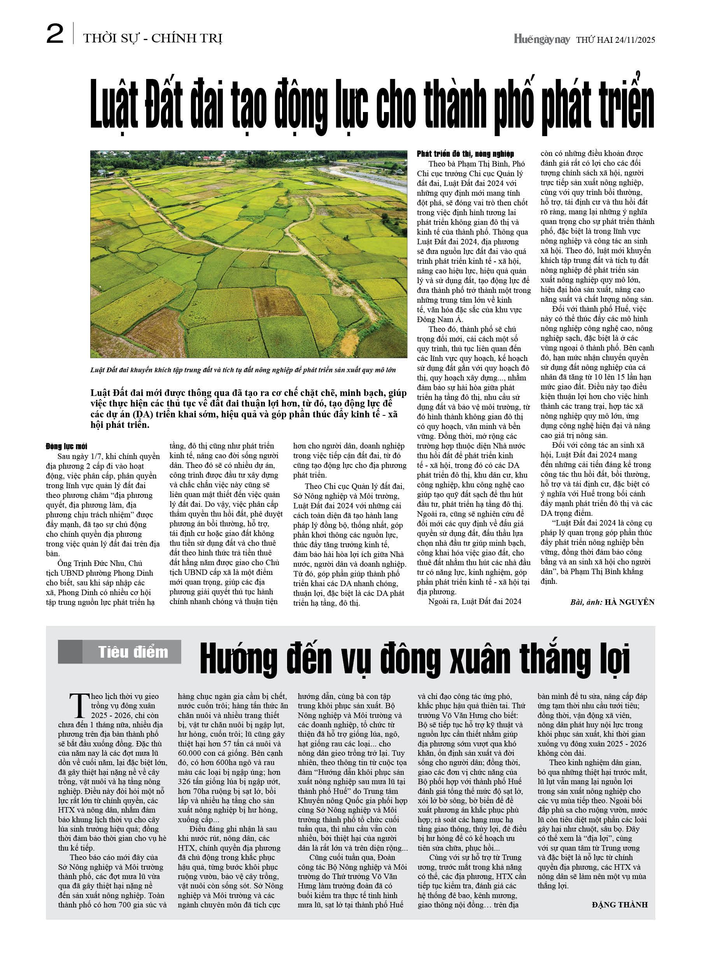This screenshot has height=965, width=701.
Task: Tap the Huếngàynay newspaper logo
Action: (542, 39)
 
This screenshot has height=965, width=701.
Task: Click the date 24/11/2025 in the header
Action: (634, 40)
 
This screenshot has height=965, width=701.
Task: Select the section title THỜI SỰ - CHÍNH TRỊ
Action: (152, 38)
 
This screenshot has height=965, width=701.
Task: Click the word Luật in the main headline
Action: (114, 104)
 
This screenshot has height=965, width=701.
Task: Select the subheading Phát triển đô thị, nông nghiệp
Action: (465, 154)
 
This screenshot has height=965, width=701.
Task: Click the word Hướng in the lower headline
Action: (238, 659)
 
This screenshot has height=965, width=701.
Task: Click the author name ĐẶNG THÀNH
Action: (619, 904)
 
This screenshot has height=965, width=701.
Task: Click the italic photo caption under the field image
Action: (243, 370)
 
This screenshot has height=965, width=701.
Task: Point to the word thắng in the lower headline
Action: (554, 659)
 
